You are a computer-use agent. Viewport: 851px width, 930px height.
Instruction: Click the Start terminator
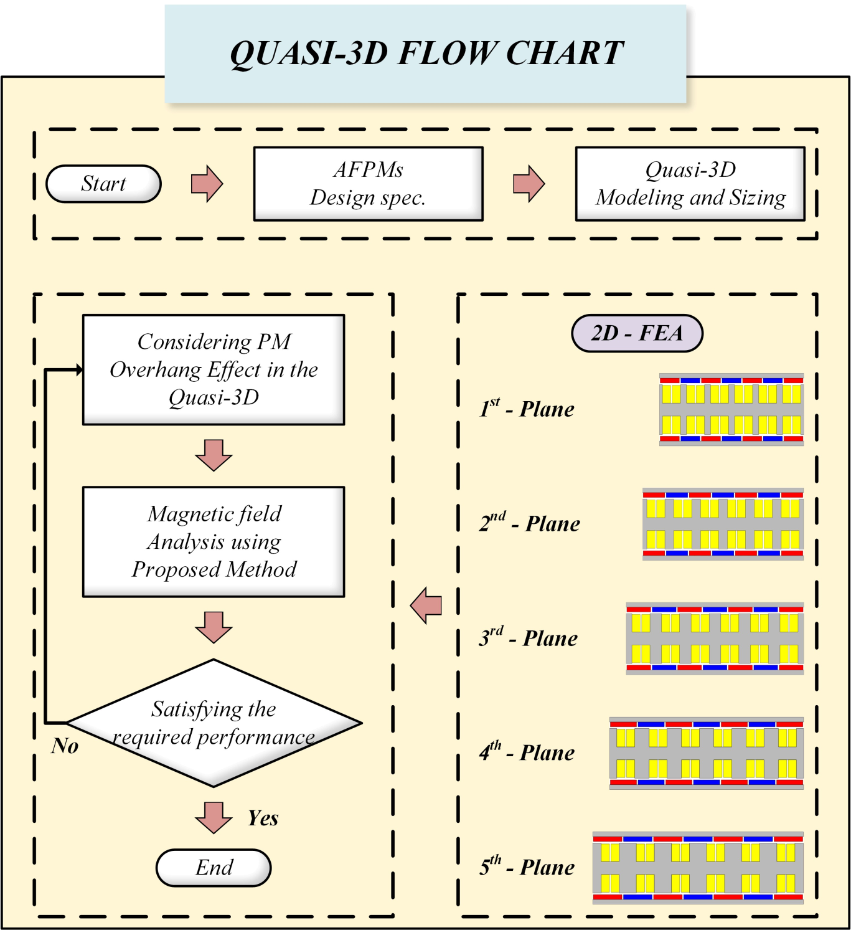pos(103,184)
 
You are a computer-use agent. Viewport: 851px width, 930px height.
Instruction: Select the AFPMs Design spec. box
pos(368,184)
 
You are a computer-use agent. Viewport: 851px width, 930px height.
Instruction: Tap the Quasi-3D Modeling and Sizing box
pos(690,184)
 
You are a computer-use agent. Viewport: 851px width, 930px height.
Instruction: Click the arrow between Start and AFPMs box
pos(207,184)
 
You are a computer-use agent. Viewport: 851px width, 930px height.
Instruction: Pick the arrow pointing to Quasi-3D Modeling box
pos(529,184)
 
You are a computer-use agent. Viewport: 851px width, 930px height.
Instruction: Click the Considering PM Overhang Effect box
pos(214,369)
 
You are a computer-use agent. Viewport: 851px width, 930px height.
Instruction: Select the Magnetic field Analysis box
pos(214,541)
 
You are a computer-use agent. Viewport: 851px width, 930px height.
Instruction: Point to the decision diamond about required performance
pos(214,723)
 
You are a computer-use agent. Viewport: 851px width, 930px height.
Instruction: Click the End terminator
pos(214,867)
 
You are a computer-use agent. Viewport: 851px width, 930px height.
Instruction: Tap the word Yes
pos(263,818)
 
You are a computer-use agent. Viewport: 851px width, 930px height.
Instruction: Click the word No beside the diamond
pos(65,746)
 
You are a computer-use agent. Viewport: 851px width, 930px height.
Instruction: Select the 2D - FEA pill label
pos(637,333)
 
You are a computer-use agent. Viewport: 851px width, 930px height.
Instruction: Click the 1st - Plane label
pos(527,409)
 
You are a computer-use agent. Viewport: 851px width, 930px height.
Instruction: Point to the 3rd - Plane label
pos(528,638)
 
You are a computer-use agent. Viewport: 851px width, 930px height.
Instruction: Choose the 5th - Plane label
pos(527,866)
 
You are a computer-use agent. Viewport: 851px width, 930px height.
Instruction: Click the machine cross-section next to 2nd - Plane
pos(723,524)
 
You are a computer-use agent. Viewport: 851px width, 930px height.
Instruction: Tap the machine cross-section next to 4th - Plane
pos(706,752)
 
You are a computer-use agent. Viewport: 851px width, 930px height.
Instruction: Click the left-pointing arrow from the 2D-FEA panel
pos(426,605)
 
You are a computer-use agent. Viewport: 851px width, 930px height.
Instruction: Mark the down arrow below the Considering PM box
pos(214,455)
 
